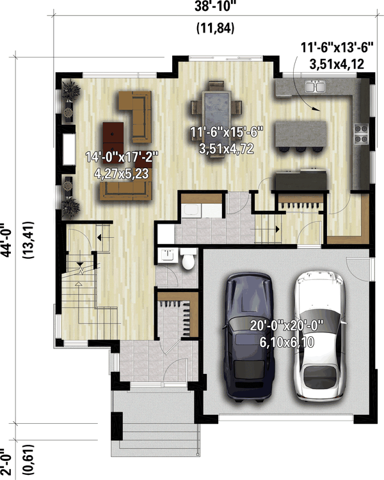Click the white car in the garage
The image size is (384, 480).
pos(317,339)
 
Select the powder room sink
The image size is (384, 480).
pos(168,256)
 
